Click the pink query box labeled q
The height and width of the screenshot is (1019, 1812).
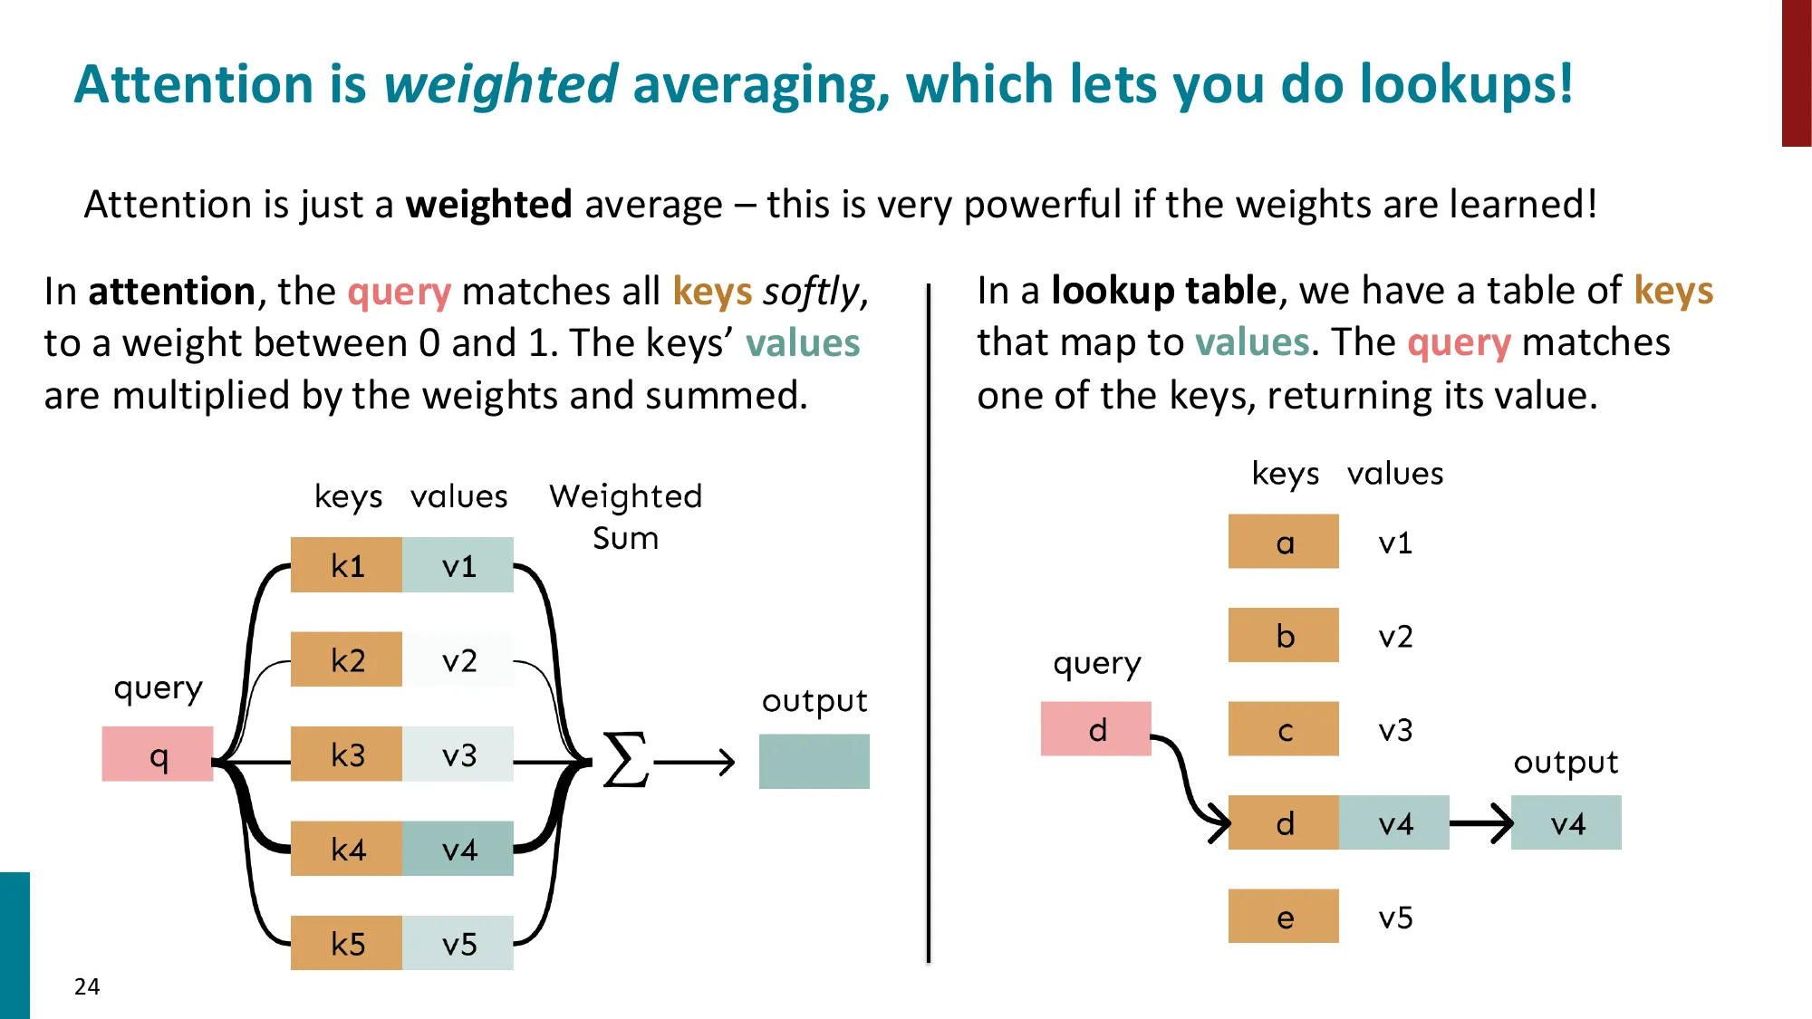click(x=158, y=754)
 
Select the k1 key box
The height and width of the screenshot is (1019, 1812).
click(x=346, y=565)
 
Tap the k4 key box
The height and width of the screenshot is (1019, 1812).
click(x=346, y=849)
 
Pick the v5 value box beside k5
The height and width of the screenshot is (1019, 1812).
click(x=458, y=943)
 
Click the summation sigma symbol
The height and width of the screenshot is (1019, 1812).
click(x=626, y=760)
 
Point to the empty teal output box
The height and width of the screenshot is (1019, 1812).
click(x=814, y=762)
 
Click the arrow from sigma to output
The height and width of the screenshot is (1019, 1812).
click(x=694, y=763)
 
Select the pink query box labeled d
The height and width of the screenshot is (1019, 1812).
click(x=1096, y=729)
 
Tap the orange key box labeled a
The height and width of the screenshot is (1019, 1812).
click(x=1284, y=542)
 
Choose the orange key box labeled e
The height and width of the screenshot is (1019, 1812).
click(x=1284, y=916)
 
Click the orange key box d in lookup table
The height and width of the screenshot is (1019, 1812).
click(x=1284, y=822)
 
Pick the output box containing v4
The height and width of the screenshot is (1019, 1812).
click(x=1566, y=822)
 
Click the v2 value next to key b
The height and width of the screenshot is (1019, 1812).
click(x=1395, y=637)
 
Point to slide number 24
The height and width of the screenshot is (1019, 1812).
click(x=87, y=986)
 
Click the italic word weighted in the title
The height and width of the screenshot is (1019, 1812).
click(x=501, y=85)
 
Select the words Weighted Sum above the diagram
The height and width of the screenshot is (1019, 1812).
click(x=626, y=516)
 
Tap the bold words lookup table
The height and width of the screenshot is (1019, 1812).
click(x=1164, y=291)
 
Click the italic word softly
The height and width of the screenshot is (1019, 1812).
click(x=811, y=293)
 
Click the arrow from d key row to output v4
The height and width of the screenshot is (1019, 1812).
click(x=1481, y=823)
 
